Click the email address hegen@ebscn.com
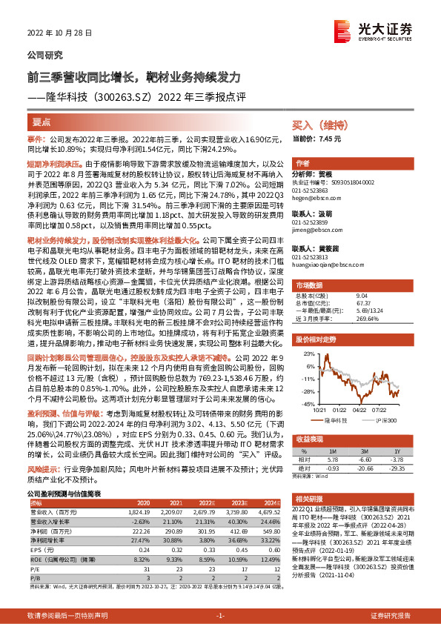314,199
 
